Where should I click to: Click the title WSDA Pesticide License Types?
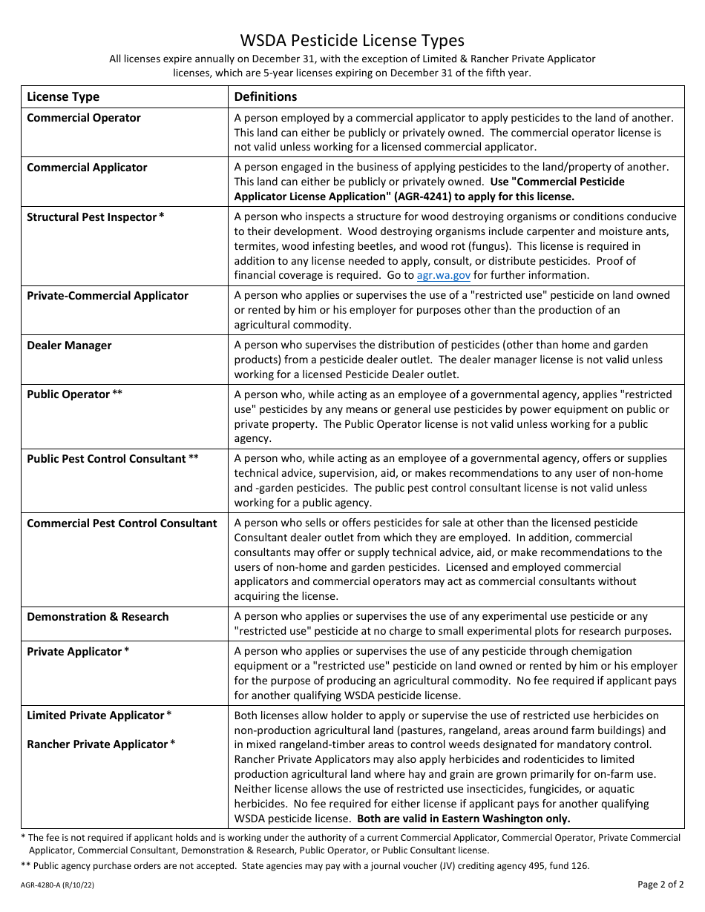[352, 40]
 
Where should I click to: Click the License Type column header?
[63, 96]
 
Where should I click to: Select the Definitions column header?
[266, 96]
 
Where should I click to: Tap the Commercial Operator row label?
[83, 118]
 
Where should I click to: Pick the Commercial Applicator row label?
[87, 168]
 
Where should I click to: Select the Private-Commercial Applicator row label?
[108, 296]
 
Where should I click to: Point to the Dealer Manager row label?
[69, 346]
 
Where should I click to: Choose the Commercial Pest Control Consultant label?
[122, 523]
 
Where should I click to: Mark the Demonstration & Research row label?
[97, 617]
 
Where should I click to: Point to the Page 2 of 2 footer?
[660, 884]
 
